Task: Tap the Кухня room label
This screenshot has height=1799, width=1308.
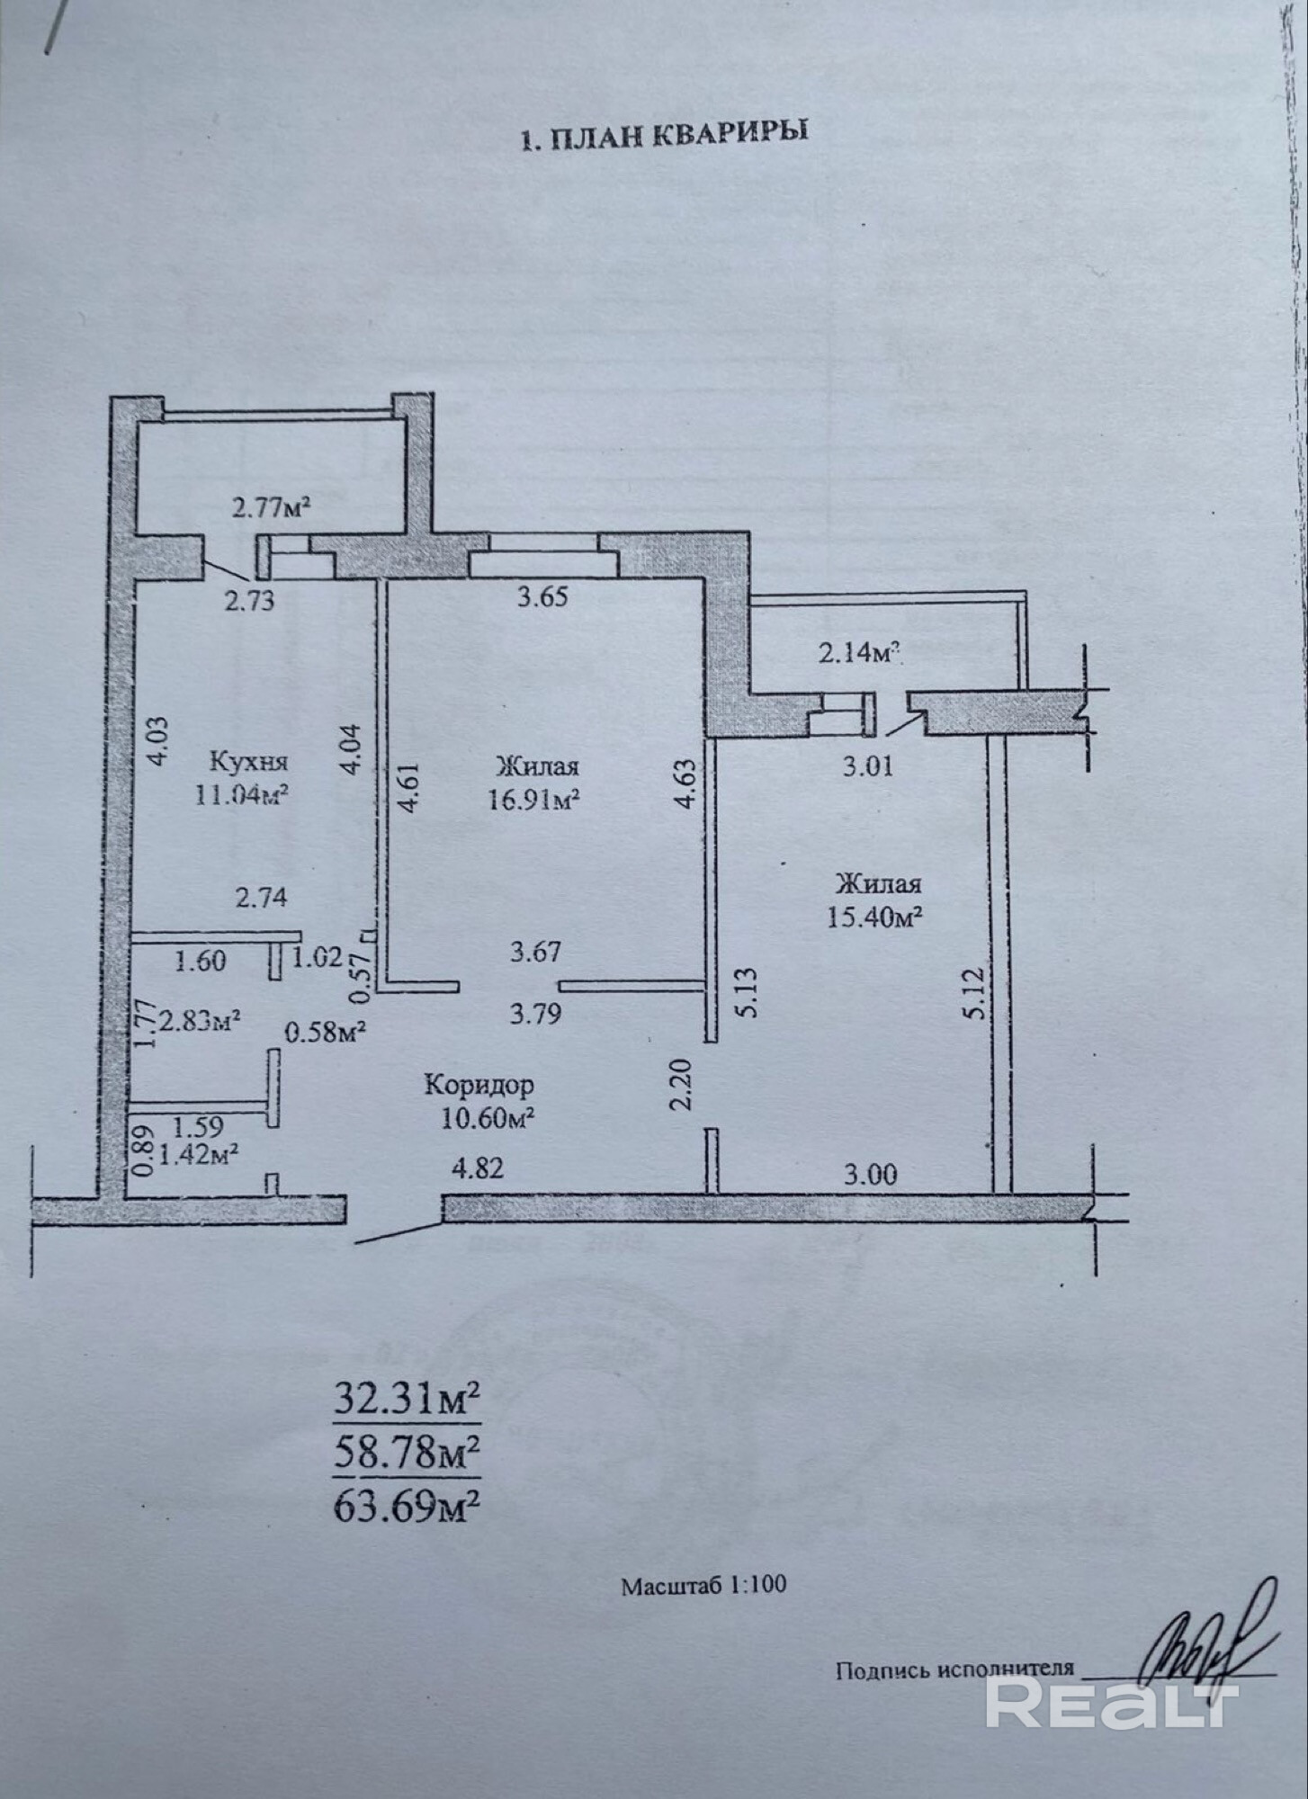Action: [249, 763]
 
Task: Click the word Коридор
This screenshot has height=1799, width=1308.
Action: [479, 1085]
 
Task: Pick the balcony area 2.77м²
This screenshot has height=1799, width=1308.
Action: [272, 509]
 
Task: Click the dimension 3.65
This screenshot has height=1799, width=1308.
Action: [542, 596]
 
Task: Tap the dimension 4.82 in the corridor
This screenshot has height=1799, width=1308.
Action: [478, 1169]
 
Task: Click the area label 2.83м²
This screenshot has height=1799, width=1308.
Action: [199, 1022]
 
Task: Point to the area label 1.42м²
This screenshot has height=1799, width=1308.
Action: [197, 1154]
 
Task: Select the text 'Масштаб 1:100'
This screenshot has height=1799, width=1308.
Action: [703, 1610]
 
